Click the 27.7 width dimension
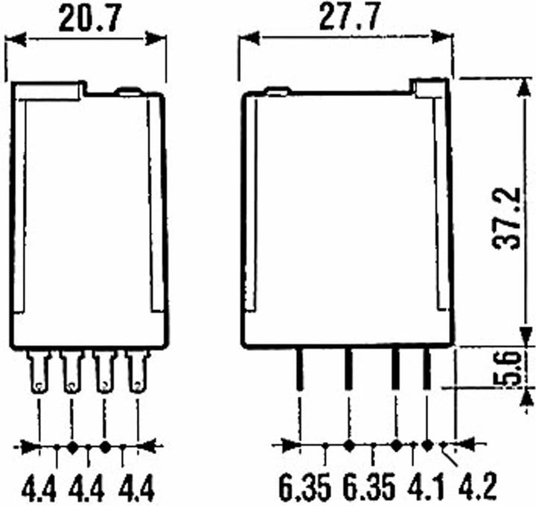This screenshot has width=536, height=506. (350, 16)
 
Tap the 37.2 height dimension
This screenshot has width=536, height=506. (507, 218)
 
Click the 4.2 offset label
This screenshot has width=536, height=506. (477, 486)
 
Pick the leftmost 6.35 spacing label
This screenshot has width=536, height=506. (305, 486)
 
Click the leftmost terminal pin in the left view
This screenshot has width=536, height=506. (39, 372)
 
